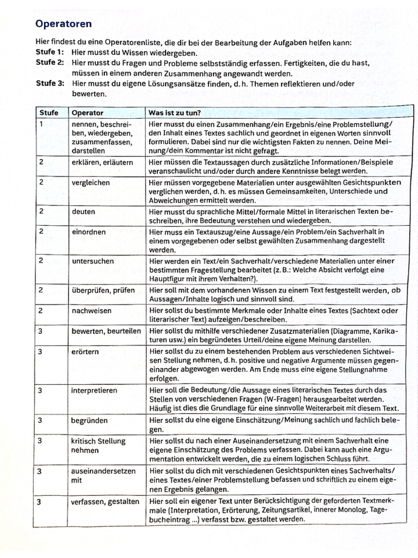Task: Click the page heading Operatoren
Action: point(63,24)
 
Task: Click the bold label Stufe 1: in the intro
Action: point(50,53)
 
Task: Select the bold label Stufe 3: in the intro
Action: point(50,84)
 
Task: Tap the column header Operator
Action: point(87,113)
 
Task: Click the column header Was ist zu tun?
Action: point(174,113)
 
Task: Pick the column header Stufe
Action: point(48,113)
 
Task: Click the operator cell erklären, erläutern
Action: point(102,162)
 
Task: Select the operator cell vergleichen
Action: point(90,183)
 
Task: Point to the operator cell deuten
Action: point(83,211)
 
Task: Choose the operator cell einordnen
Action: point(88,232)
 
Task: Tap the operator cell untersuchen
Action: point(93,261)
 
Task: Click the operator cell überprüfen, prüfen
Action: point(103,290)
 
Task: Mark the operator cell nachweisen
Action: point(91,311)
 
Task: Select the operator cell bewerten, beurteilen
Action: point(106,331)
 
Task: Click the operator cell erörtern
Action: point(85,352)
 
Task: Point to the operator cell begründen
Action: point(89,421)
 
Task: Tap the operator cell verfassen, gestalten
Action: point(105,502)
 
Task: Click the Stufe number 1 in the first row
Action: point(41,124)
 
